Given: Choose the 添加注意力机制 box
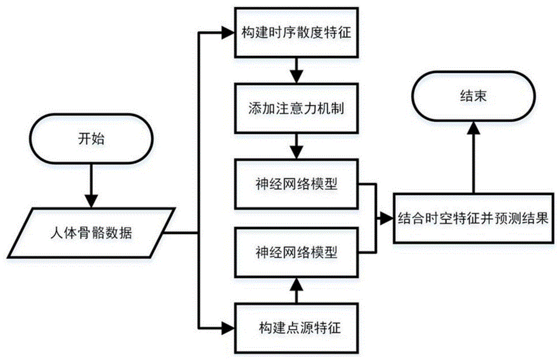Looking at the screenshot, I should [x=296, y=108].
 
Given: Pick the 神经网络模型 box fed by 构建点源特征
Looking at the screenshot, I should [x=296, y=252].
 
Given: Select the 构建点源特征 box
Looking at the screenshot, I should [x=296, y=325].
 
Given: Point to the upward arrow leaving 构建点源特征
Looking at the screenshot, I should [x=296, y=289].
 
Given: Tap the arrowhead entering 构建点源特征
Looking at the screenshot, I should [x=228, y=325].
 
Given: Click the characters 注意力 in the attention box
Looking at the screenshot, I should [x=297, y=108].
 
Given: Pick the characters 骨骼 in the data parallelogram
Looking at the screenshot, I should [x=95, y=232].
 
